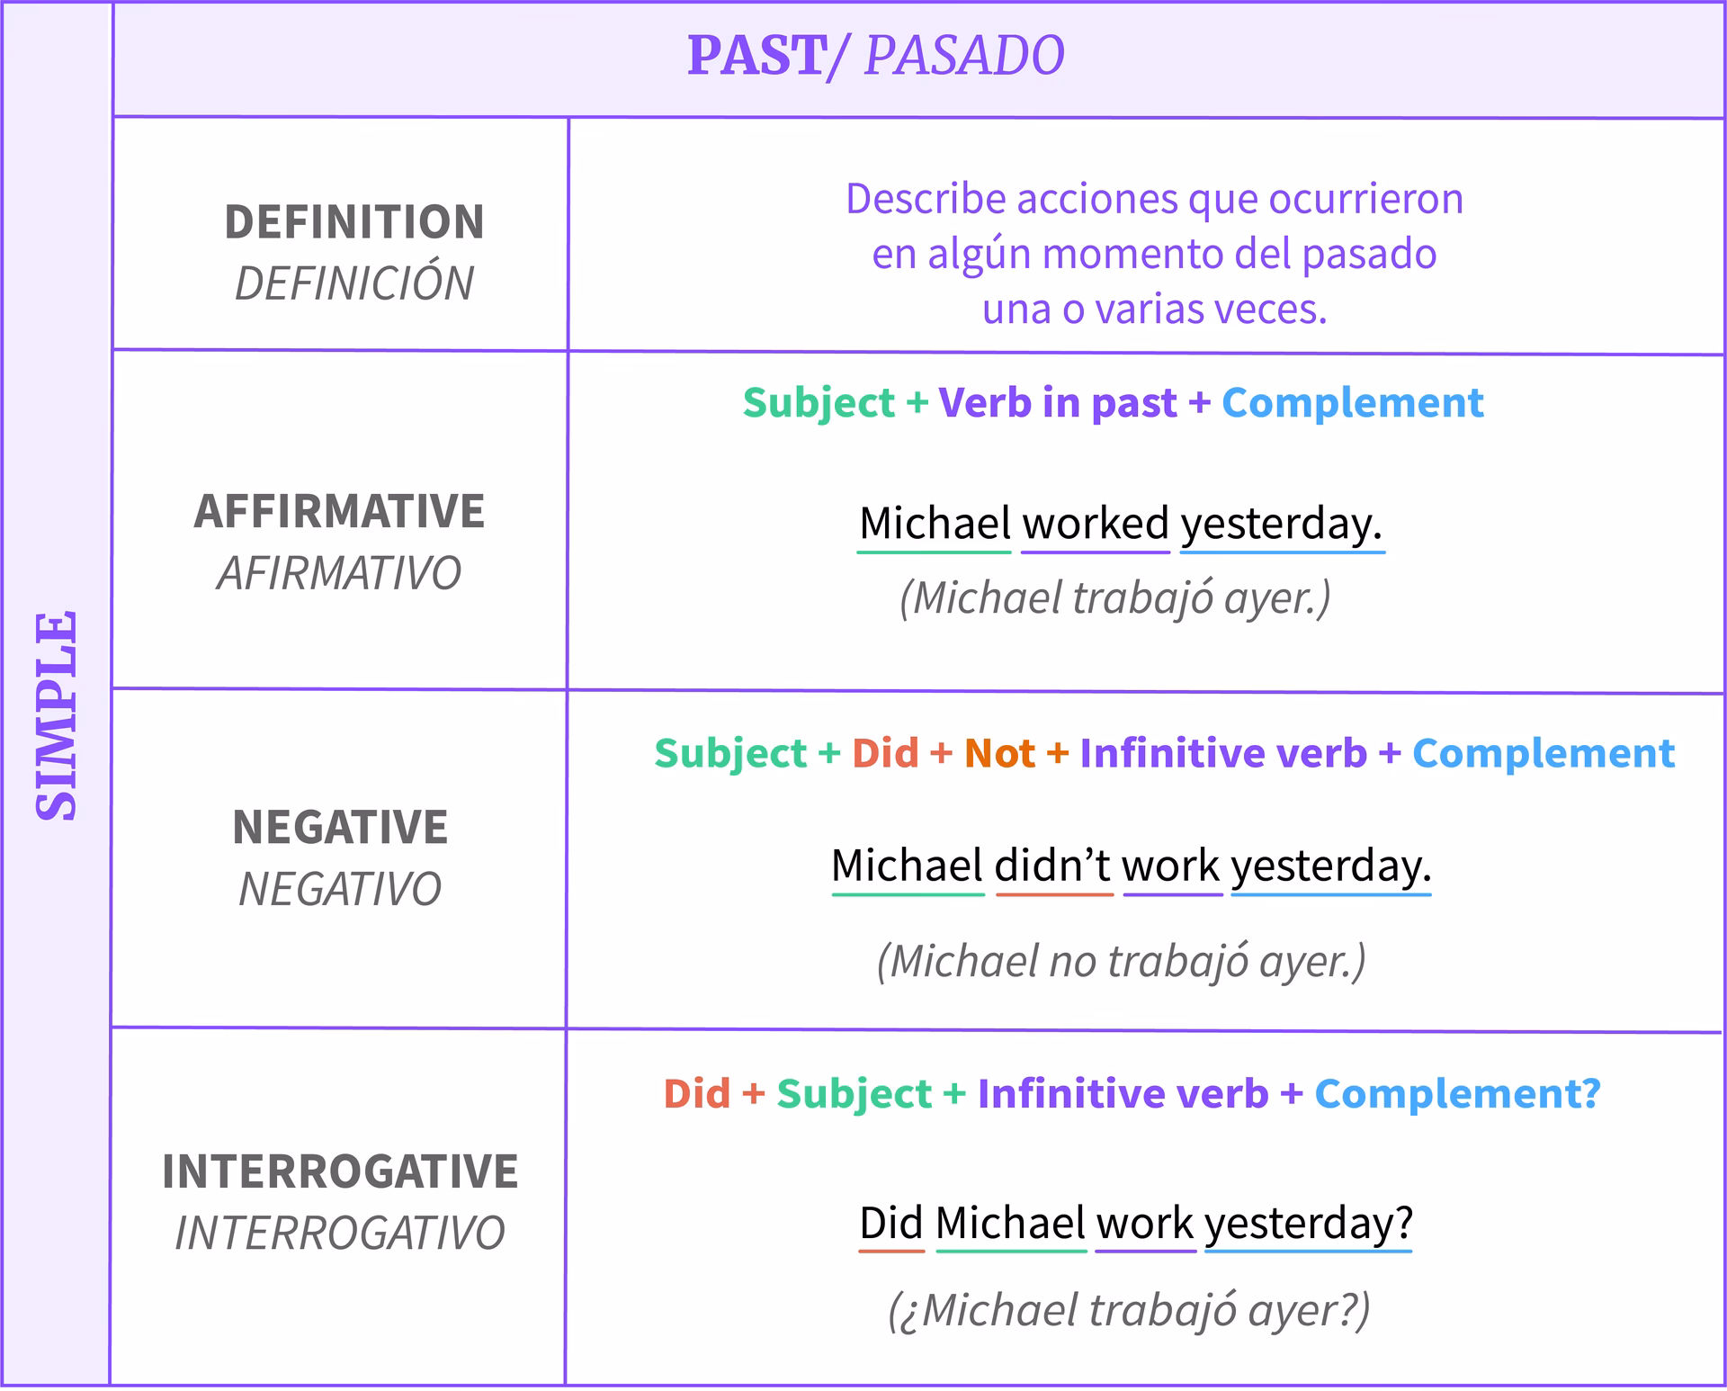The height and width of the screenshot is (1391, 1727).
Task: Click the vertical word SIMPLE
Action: point(56,716)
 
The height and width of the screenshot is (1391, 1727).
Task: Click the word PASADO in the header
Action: point(964,56)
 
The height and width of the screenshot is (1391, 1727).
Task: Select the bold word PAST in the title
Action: point(756,56)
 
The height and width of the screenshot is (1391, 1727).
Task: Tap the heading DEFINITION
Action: point(354,222)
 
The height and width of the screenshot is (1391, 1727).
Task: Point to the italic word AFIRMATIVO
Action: point(339,573)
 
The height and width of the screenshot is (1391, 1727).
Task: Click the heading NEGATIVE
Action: point(340,827)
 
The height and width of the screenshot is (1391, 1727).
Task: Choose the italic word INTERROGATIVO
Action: point(340,1233)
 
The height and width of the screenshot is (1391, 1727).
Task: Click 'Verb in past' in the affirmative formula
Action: point(1057,402)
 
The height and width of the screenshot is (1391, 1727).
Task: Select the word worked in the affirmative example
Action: point(1095,524)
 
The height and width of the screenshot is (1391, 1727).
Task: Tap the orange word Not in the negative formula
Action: point(999,753)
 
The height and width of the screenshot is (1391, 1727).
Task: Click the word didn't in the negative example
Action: point(1053,866)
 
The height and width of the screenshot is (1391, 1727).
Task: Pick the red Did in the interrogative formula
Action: point(696,1094)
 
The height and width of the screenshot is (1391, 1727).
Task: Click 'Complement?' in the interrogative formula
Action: point(1457,1094)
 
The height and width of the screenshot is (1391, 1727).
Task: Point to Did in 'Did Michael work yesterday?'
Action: point(890,1224)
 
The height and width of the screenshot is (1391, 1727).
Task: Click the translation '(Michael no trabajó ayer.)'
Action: point(1121,961)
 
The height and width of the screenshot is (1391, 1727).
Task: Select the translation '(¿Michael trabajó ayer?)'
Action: point(1129,1310)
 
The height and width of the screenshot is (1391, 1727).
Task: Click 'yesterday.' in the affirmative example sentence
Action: point(1281,524)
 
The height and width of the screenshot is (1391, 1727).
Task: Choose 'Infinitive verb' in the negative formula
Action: point(1222,753)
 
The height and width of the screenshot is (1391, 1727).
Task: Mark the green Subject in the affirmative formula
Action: point(819,402)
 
